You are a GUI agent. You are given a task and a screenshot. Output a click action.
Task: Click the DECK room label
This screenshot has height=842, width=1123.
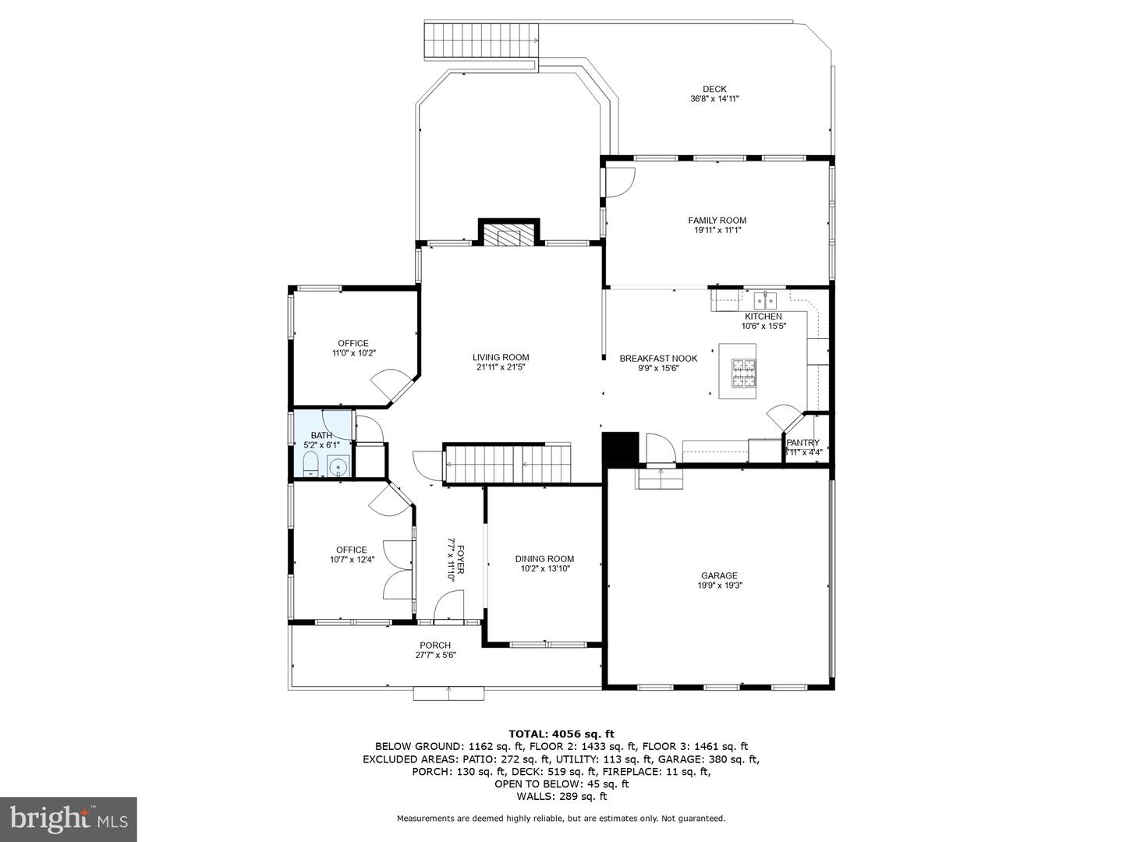pyautogui.click(x=714, y=89)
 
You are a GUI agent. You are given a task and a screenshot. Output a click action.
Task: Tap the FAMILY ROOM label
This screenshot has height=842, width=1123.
pyautogui.click(x=717, y=221)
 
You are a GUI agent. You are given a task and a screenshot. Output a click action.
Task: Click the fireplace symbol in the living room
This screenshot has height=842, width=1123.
pyautogui.click(x=508, y=235)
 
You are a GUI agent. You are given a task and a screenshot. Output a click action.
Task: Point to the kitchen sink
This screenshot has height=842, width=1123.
pyautogui.click(x=764, y=299)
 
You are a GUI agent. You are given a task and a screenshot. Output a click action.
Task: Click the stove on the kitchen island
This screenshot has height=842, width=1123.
pyautogui.click(x=743, y=373)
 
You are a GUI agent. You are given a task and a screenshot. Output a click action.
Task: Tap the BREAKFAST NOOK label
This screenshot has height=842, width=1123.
pyautogui.click(x=658, y=359)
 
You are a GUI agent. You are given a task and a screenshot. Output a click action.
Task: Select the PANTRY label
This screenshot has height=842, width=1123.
pyautogui.click(x=802, y=443)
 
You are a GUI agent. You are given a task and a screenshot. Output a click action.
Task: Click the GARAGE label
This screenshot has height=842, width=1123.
pyautogui.click(x=718, y=576)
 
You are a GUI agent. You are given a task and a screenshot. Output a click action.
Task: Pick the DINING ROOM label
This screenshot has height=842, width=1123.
pyautogui.click(x=544, y=559)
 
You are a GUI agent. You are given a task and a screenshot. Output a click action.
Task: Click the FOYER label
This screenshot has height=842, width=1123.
pyautogui.click(x=460, y=559)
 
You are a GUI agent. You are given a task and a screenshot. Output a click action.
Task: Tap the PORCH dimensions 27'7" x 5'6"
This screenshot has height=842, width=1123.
pyautogui.click(x=435, y=655)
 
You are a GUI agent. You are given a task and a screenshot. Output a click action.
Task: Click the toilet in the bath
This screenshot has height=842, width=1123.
pyautogui.click(x=310, y=464)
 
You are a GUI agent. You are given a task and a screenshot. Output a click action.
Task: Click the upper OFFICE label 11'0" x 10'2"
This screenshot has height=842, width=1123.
pyautogui.click(x=353, y=343)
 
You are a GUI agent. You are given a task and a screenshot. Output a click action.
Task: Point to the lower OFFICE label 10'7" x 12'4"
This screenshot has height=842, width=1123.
pyautogui.click(x=352, y=550)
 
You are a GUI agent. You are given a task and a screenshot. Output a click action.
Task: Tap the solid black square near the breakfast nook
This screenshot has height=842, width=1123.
pyautogui.click(x=620, y=449)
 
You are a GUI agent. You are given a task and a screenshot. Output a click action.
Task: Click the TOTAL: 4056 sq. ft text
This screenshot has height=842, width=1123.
pyautogui.click(x=561, y=734)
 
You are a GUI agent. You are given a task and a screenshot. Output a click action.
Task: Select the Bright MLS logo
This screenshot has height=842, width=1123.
pyautogui.click(x=68, y=819)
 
